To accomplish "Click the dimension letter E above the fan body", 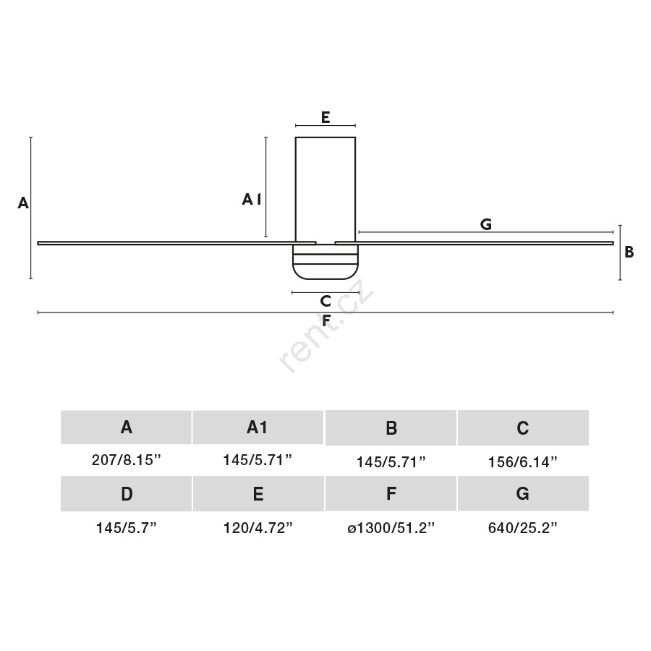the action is tap(325, 117).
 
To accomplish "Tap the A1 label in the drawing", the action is tap(252, 200).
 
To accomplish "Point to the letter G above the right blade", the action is tap(486, 224).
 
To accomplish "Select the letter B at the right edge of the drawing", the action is tap(629, 252).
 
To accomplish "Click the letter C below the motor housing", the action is tap(325, 301).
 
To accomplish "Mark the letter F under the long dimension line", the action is tap(326, 320).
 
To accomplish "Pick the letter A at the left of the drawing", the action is tap(23, 203).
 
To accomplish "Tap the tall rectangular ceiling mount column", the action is tap(325, 190).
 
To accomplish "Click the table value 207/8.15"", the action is tap(126, 460).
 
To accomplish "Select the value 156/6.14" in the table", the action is tap(523, 462).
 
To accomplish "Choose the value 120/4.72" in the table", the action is tap(258, 528).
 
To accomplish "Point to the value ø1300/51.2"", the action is tap(391, 528).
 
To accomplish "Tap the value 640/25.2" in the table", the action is tap(523, 528).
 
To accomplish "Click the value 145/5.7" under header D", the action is tap(126, 528).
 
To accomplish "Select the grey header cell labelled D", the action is tap(126, 493).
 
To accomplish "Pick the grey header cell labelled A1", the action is tap(258, 427).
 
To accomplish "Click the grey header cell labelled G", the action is tap(523, 493).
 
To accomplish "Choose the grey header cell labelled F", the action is tap(391, 493).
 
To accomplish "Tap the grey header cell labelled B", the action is tap(391, 428).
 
